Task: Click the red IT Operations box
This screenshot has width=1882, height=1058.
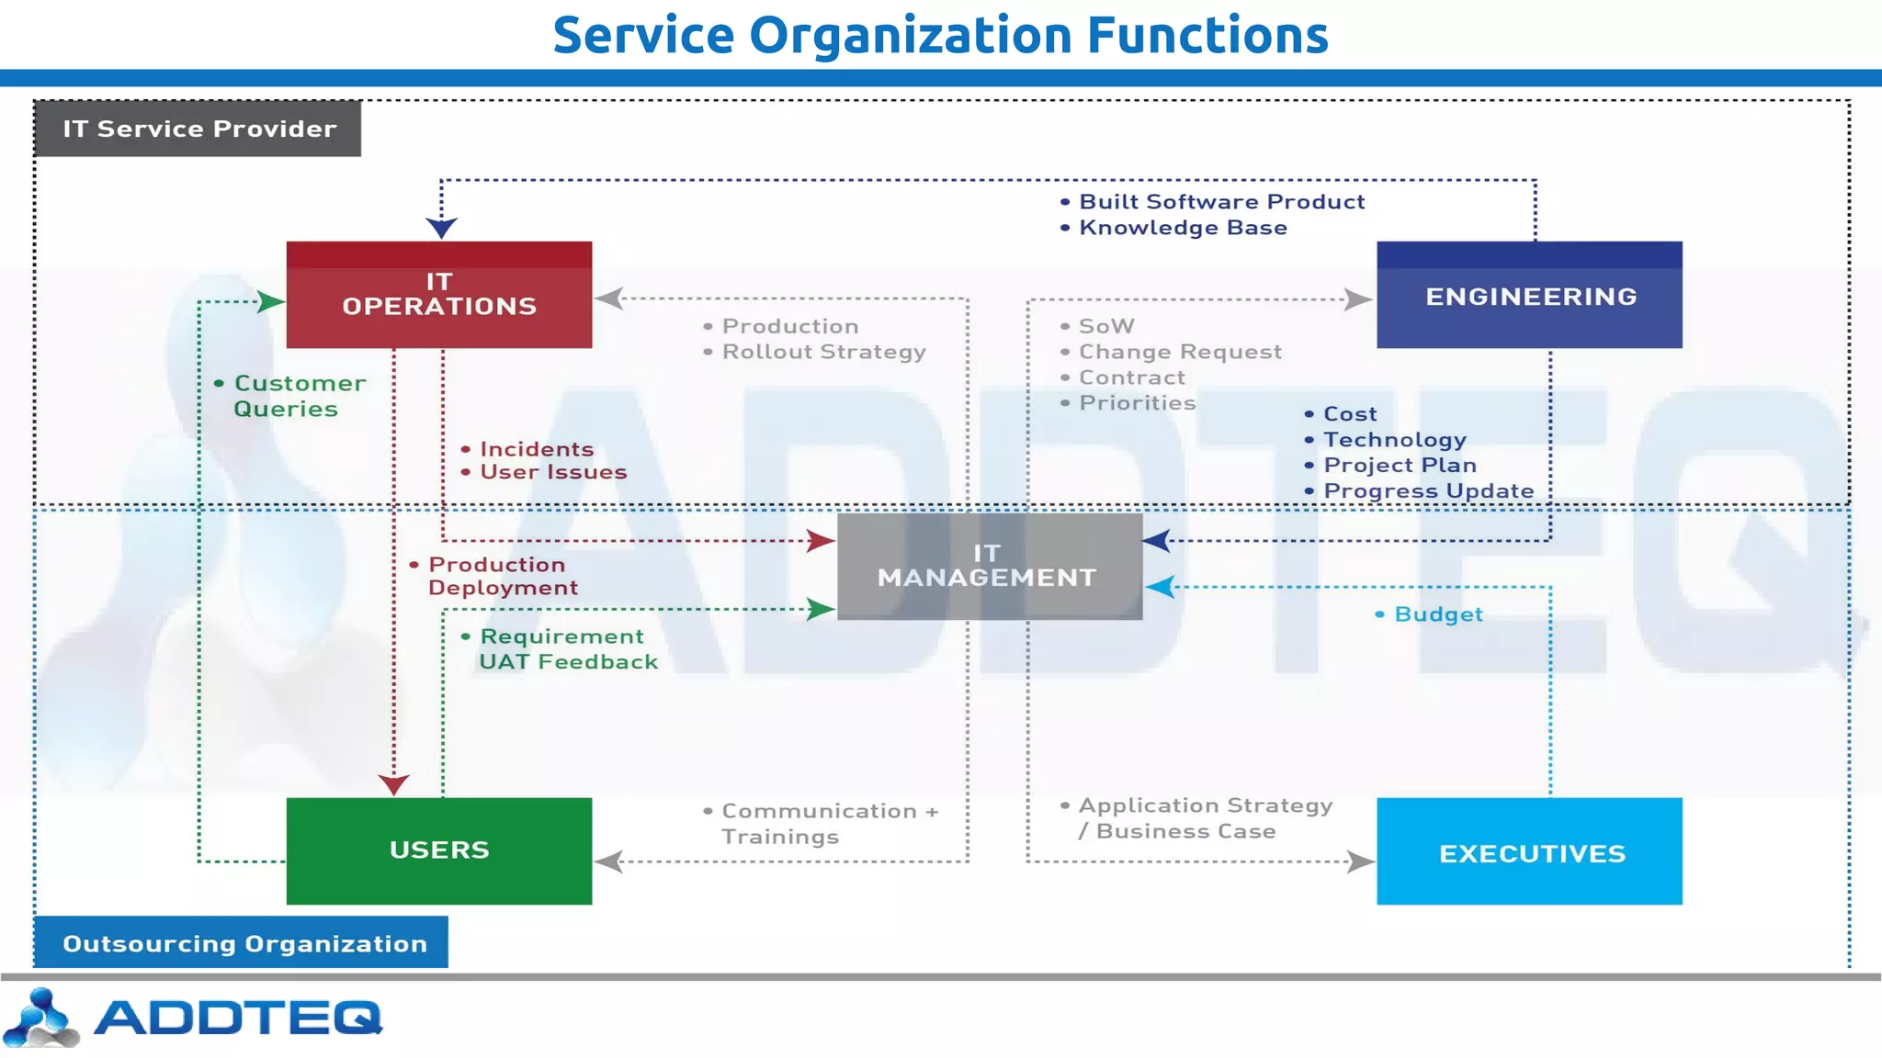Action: [x=438, y=295]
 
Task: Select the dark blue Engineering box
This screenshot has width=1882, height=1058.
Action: [x=1529, y=295]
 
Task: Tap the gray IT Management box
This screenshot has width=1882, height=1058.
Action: [x=989, y=566]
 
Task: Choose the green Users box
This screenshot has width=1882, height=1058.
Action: [x=438, y=850]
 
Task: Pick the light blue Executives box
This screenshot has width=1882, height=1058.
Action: [x=1529, y=851]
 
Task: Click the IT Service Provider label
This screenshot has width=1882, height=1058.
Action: [x=198, y=129]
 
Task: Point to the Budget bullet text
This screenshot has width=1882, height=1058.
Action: [x=1437, y=614]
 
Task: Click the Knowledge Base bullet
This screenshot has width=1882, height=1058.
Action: [x=1182, y=228]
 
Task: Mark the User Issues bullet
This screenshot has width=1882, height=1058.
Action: [x=552, y=472]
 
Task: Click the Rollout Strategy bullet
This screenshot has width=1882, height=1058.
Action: [x=822, y=352]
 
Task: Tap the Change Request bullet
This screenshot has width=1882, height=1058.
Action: [x=1179, y=352]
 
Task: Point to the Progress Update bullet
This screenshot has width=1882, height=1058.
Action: [x=1427, y=491]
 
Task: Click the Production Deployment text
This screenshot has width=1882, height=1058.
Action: [x=501, y=576]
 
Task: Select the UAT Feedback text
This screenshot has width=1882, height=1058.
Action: [x=568, y=662]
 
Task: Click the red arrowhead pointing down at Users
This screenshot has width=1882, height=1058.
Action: [x=393, y=784]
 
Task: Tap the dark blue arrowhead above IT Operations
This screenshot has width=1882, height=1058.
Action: [x=441, y=227]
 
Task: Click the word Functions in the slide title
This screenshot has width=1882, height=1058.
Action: [x=1207, y=35]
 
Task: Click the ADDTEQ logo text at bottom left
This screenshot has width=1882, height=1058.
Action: [x=236, y=1018]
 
